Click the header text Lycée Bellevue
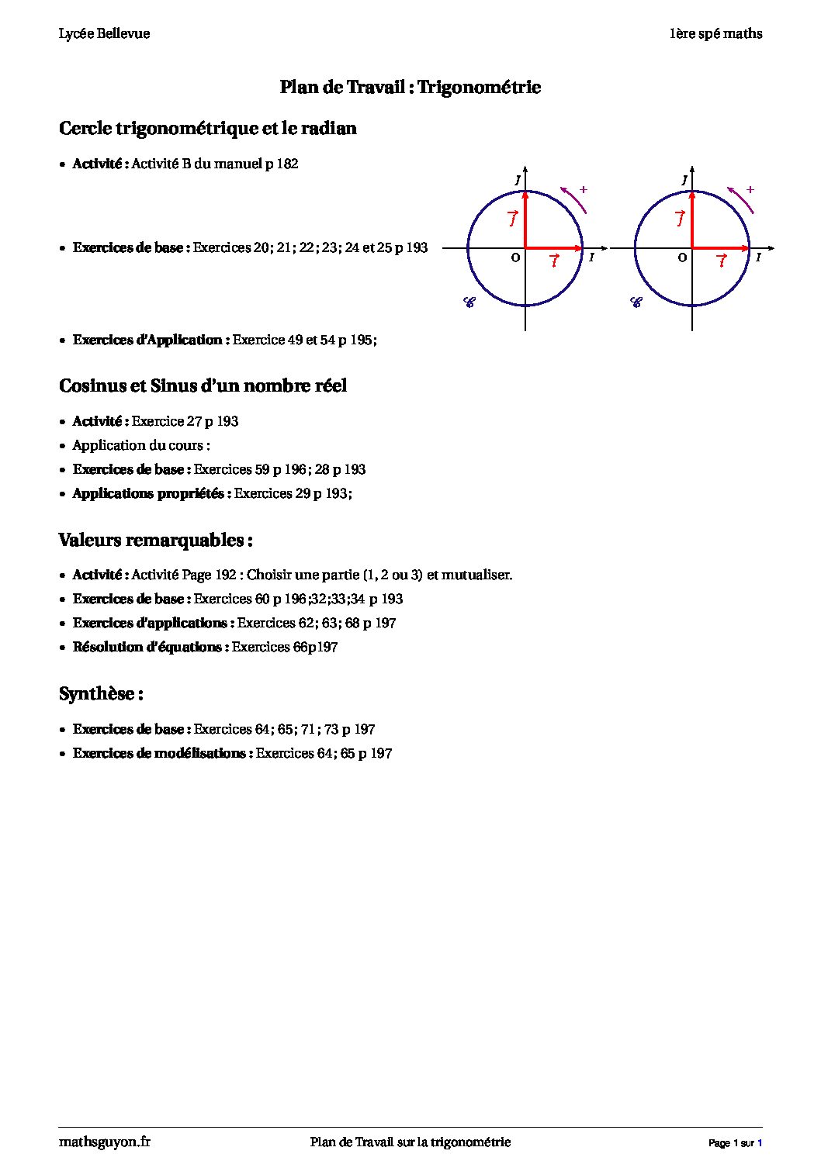(x=104, y=33)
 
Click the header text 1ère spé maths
(x=715, y=33)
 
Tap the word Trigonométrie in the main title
(x=479, y=87)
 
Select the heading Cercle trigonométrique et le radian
(x=208, y=129)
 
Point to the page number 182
(x=287, y=164)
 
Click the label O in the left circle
(x=515, y=257)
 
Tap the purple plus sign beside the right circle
(x=750, y=189)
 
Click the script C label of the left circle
(x=469, y=302)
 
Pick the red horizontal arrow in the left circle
(x=554, y=248)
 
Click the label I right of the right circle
(x=758, y=257)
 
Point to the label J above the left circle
(x=518, y=181)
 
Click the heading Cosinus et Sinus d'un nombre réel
(x=203, y=386)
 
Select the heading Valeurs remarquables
(x=155, y=540)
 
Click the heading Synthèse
(x=101, y=693)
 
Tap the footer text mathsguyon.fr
(x=105, y=1142)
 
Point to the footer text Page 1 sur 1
(x=735, y=1143)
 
